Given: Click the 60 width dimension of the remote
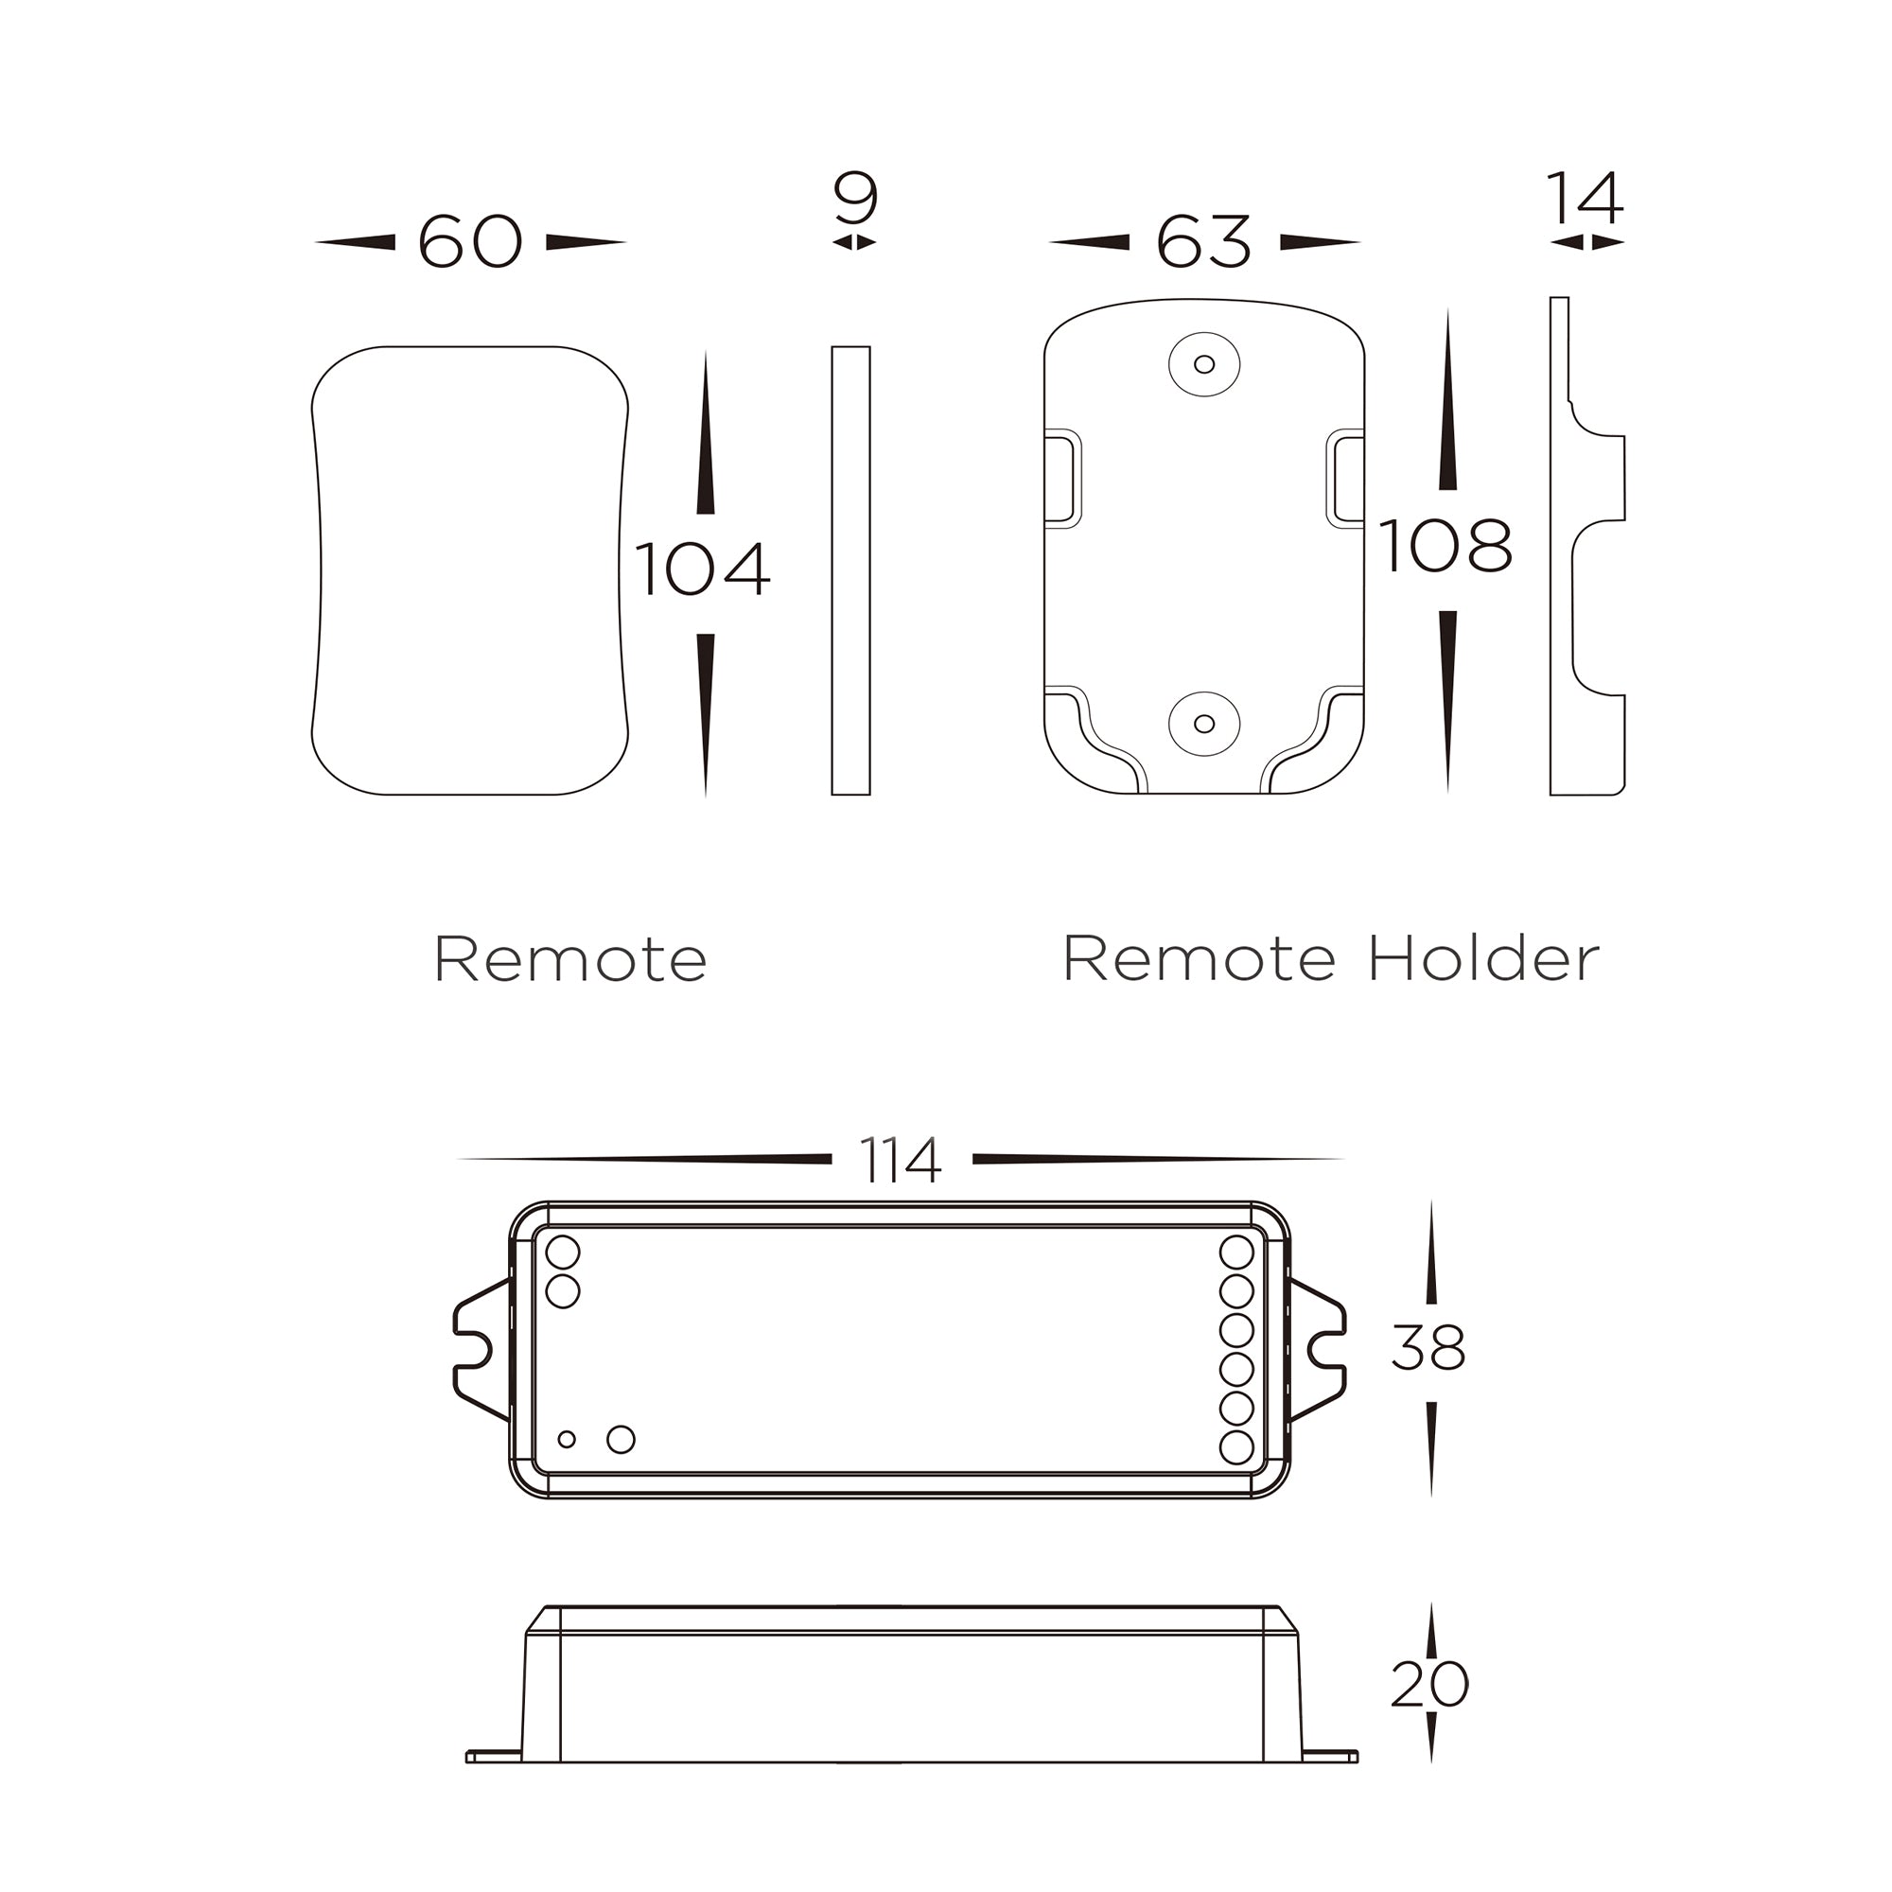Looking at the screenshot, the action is (469, 241).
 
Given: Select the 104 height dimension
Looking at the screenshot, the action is (702, 569).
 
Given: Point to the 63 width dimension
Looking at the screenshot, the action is (1203, 241).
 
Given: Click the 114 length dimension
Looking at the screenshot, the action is (900, 1160).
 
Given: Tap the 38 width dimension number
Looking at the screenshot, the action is (1428, 1348).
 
